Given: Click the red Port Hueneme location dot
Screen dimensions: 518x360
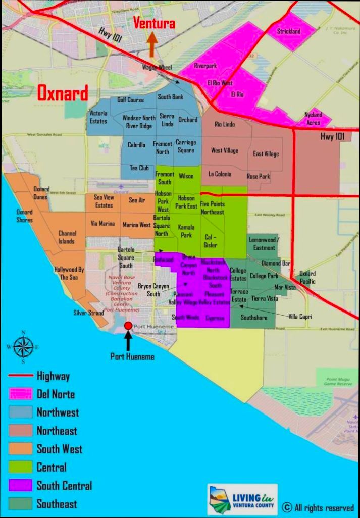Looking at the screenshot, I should (x=128, y=326).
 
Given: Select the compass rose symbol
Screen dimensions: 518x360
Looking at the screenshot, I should (x=23, y=347).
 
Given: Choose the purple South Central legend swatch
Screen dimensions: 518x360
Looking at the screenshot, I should (x=21, y=486).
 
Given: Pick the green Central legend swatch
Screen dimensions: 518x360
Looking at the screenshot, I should (x=21, y=467).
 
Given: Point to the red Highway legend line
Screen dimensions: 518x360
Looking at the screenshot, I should (x=21, y=376).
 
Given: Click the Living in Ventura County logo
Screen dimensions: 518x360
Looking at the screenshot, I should (x=242, y=499).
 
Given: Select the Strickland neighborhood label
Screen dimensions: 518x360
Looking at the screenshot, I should (x=289, y=31).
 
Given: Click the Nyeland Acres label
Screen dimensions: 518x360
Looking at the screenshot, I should (x=313, y=119).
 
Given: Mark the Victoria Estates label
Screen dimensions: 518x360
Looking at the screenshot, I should (x=98, y=117).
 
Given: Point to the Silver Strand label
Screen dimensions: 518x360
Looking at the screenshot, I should (x=88, y=313).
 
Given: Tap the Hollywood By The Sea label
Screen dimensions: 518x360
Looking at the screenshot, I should (x=69, y=273).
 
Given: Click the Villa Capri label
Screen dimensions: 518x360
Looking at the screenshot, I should (x=300, y=317).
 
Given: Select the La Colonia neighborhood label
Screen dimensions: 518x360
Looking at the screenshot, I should (x=220, y=174).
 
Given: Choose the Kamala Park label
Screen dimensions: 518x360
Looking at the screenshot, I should (x=186, y=231).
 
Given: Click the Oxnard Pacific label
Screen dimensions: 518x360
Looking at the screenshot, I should (x=307, y=277).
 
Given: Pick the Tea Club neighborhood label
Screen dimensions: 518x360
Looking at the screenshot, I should (x=139, y=168).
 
